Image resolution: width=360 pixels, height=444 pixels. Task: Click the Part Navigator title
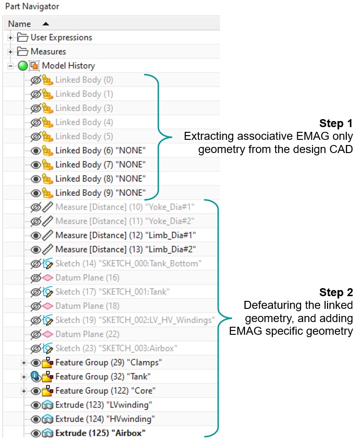click(32, 7)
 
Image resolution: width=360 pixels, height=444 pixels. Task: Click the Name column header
click(20, 24)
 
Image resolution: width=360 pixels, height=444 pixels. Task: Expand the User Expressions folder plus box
click(10, 38)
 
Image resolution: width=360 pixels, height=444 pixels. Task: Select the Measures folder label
click(48, 51)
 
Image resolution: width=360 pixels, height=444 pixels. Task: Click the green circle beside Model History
click(23, 66)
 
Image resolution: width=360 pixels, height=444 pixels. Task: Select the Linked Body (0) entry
click(84, 80)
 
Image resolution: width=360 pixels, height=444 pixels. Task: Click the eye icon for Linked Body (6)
click(35, 151)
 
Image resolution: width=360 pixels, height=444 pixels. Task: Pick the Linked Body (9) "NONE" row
click(100, 193)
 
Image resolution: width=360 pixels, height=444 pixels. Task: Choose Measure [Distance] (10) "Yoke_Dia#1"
click(124, 207)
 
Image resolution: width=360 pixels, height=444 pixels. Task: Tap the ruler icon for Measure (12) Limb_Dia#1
click(47, 235)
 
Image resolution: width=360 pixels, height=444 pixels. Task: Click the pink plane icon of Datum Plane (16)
click(47, 278)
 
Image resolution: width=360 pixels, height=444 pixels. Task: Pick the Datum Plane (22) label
click(87, 334)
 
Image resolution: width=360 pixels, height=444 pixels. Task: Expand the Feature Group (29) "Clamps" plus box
click(24, 363)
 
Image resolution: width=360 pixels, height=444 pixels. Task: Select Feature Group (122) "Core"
click(105, 391)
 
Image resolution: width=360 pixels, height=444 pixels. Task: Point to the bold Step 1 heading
click(336, 123)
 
